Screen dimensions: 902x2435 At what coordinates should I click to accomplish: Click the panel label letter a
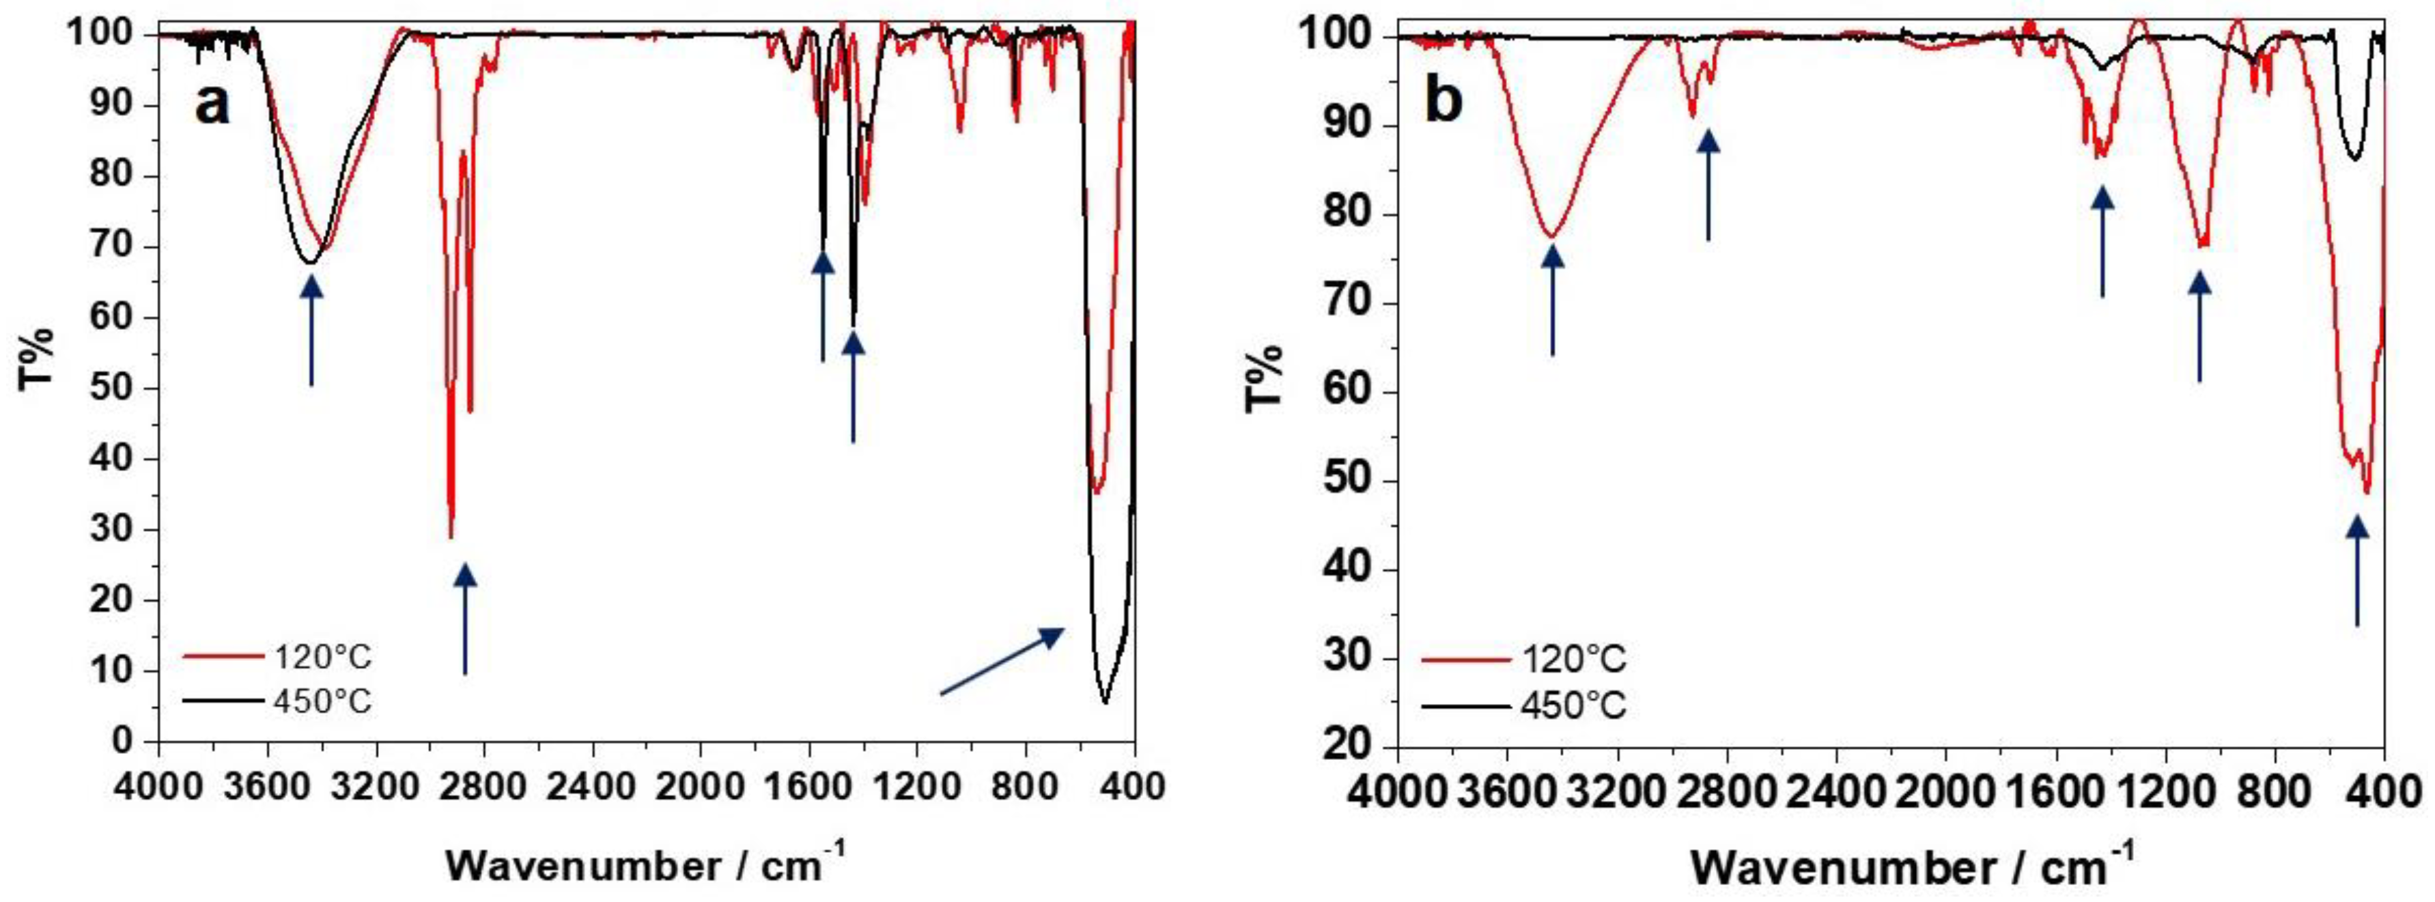[212, 103]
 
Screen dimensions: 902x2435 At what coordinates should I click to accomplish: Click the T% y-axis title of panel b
[1265, 378]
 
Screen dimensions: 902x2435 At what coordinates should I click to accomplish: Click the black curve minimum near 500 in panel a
[1104, 701]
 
